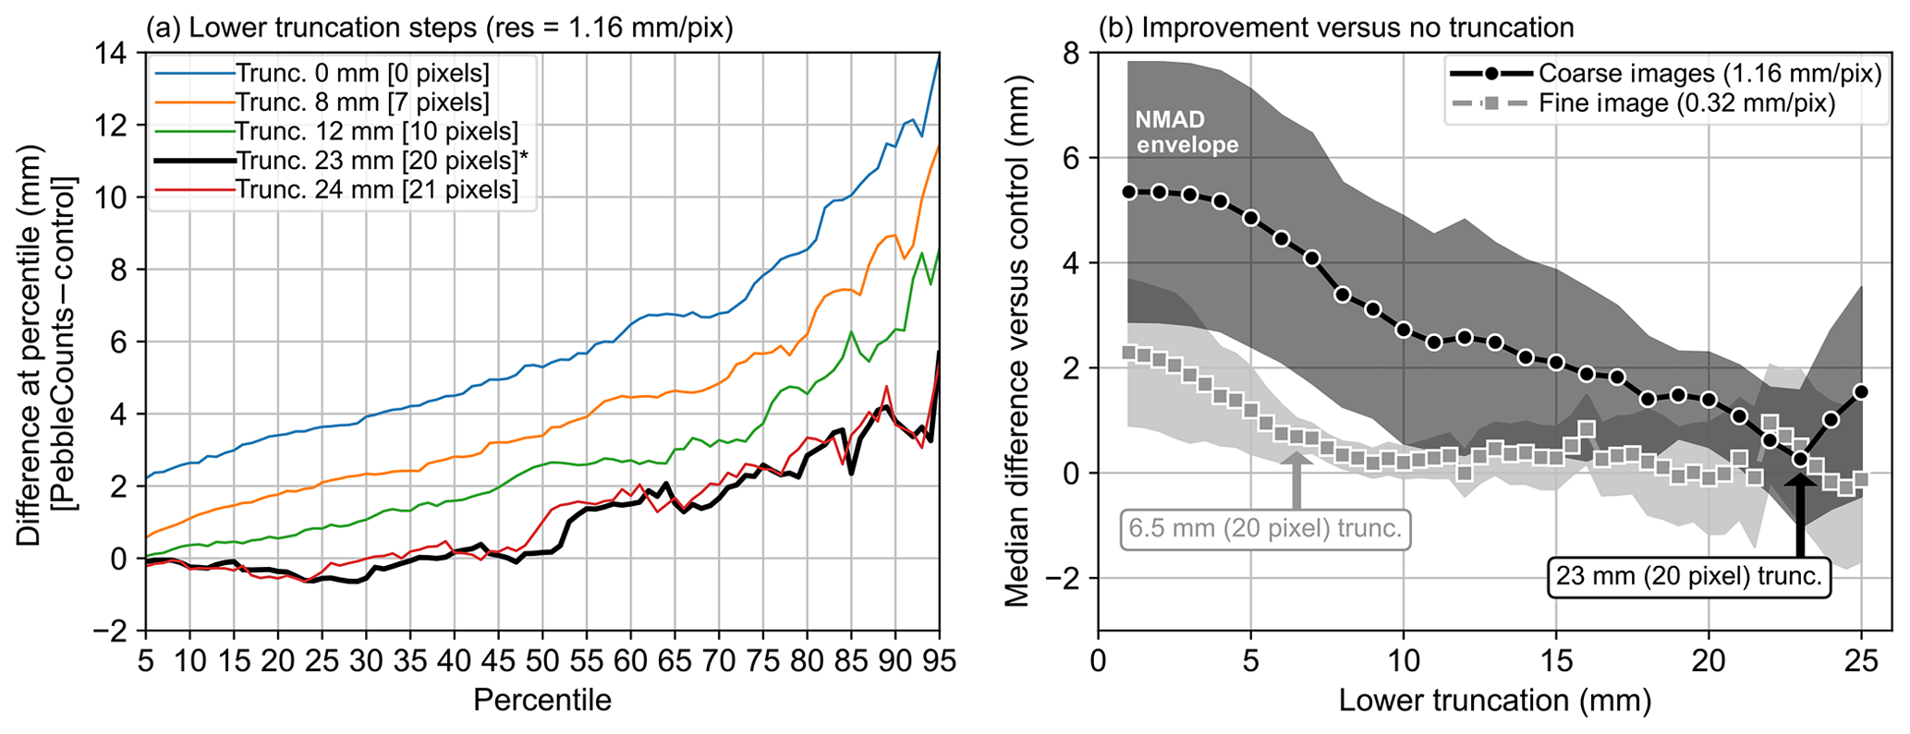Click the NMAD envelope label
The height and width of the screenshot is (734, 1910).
click(1186, 132)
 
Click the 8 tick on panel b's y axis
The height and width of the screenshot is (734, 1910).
click(1072, 53)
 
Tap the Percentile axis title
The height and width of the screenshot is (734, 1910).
click(541, 700)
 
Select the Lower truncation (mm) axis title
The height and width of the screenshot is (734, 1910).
click(1494, 700)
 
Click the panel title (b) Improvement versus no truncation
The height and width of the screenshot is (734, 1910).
click(1335, 28)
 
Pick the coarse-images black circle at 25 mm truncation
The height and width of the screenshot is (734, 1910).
click(1860, 392)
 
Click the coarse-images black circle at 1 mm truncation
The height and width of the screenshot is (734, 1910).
click(1128, 192)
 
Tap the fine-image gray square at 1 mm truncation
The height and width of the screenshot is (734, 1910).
click(1128, 353)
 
